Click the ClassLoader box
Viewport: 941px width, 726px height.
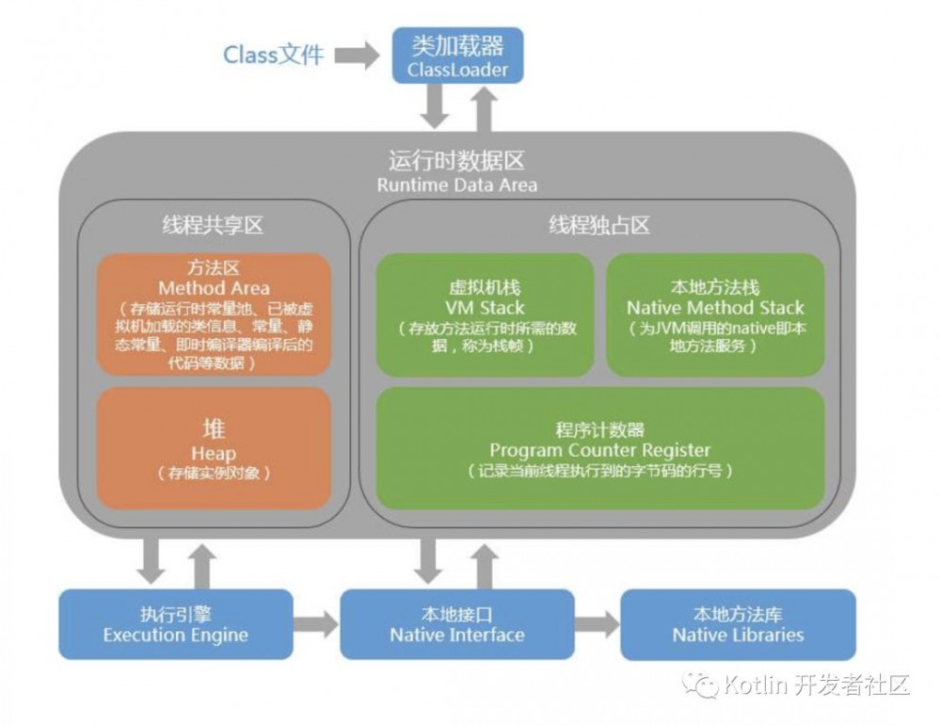(457, 56)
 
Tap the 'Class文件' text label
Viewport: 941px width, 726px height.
(273, 55)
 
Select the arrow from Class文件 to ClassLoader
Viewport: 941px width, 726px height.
(357, 56)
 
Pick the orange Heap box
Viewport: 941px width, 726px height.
(214, 447)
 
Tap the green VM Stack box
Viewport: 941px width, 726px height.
(485, 313)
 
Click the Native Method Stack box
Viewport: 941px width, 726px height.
(715, 313)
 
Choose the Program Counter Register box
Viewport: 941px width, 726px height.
(599, 447)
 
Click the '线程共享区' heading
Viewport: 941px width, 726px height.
(213, 226)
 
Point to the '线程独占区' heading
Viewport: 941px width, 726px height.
(599, 226)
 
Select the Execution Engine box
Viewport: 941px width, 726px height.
(175, 623)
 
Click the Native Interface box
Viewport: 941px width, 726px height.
(456, 623)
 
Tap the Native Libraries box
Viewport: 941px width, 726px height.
(738, 623)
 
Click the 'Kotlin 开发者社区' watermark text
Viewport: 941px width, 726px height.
(815, 685)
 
